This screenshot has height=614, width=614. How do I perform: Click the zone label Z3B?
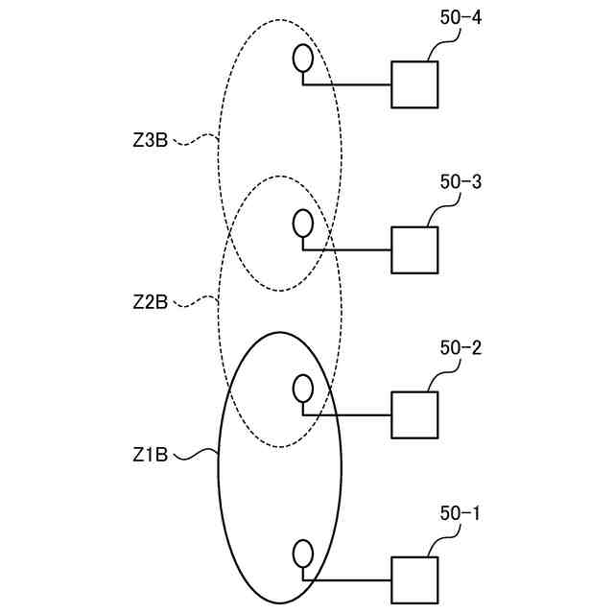(151, 140)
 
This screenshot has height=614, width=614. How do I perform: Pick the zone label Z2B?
(151, 301)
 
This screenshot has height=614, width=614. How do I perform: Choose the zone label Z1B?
(151, 454)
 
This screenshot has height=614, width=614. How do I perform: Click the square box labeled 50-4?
(414, 84)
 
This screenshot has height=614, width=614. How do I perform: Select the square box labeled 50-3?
(414, 250)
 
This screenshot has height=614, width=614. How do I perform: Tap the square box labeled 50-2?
(414, 414)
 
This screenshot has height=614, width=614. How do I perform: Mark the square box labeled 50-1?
(414, 580)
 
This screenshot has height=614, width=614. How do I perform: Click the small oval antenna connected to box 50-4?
(302, 59)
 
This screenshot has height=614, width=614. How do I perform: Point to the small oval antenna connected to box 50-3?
(302, 224)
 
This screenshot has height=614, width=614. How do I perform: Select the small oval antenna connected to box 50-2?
(302, 389)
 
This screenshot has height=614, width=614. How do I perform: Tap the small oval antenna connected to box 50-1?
(302, 554)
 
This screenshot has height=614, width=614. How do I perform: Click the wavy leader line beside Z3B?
(195, 141)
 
